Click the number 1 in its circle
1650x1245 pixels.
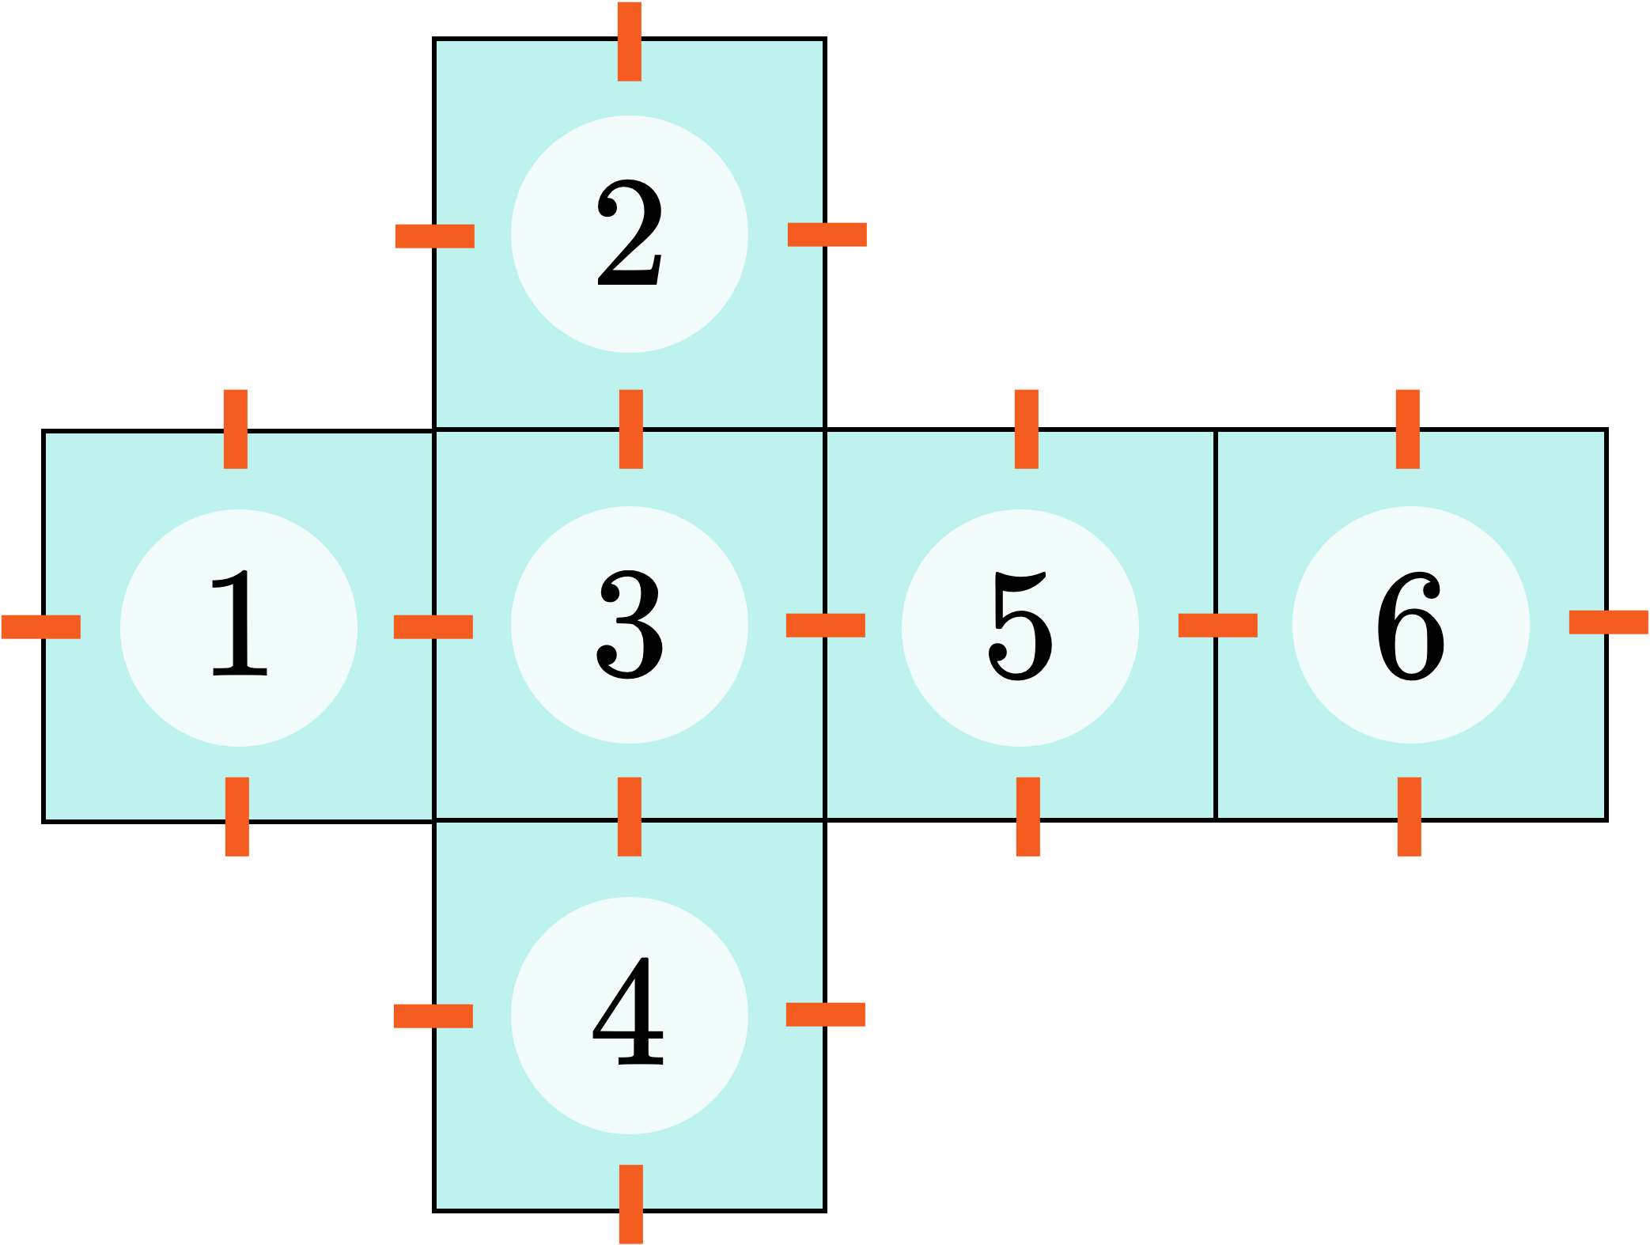point(239,625)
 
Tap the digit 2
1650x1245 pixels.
point(630,233)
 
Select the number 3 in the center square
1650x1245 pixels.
point(630,625)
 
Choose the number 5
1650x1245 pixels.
point(1020,625)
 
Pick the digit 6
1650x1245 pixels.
point(1411,625)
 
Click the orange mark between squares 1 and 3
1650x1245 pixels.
point(433,626)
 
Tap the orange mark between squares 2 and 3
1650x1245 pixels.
point(630,429)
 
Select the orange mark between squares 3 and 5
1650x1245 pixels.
point(826,625)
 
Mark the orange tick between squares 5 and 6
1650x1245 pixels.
point(1218,625)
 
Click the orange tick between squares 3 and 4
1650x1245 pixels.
point(630,816)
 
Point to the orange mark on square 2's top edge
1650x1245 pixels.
point(630,41)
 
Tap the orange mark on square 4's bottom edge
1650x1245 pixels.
point(630,1204)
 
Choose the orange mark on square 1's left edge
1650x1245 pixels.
point(41,626)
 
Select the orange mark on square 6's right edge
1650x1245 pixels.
point(1609,622)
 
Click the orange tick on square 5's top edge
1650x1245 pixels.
point(1026,429)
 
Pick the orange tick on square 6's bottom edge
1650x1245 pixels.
point(1409,816)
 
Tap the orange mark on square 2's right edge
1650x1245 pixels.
point(827,234)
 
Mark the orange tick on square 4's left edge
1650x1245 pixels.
point(433,1016)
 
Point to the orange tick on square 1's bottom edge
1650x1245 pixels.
point(237,816)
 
